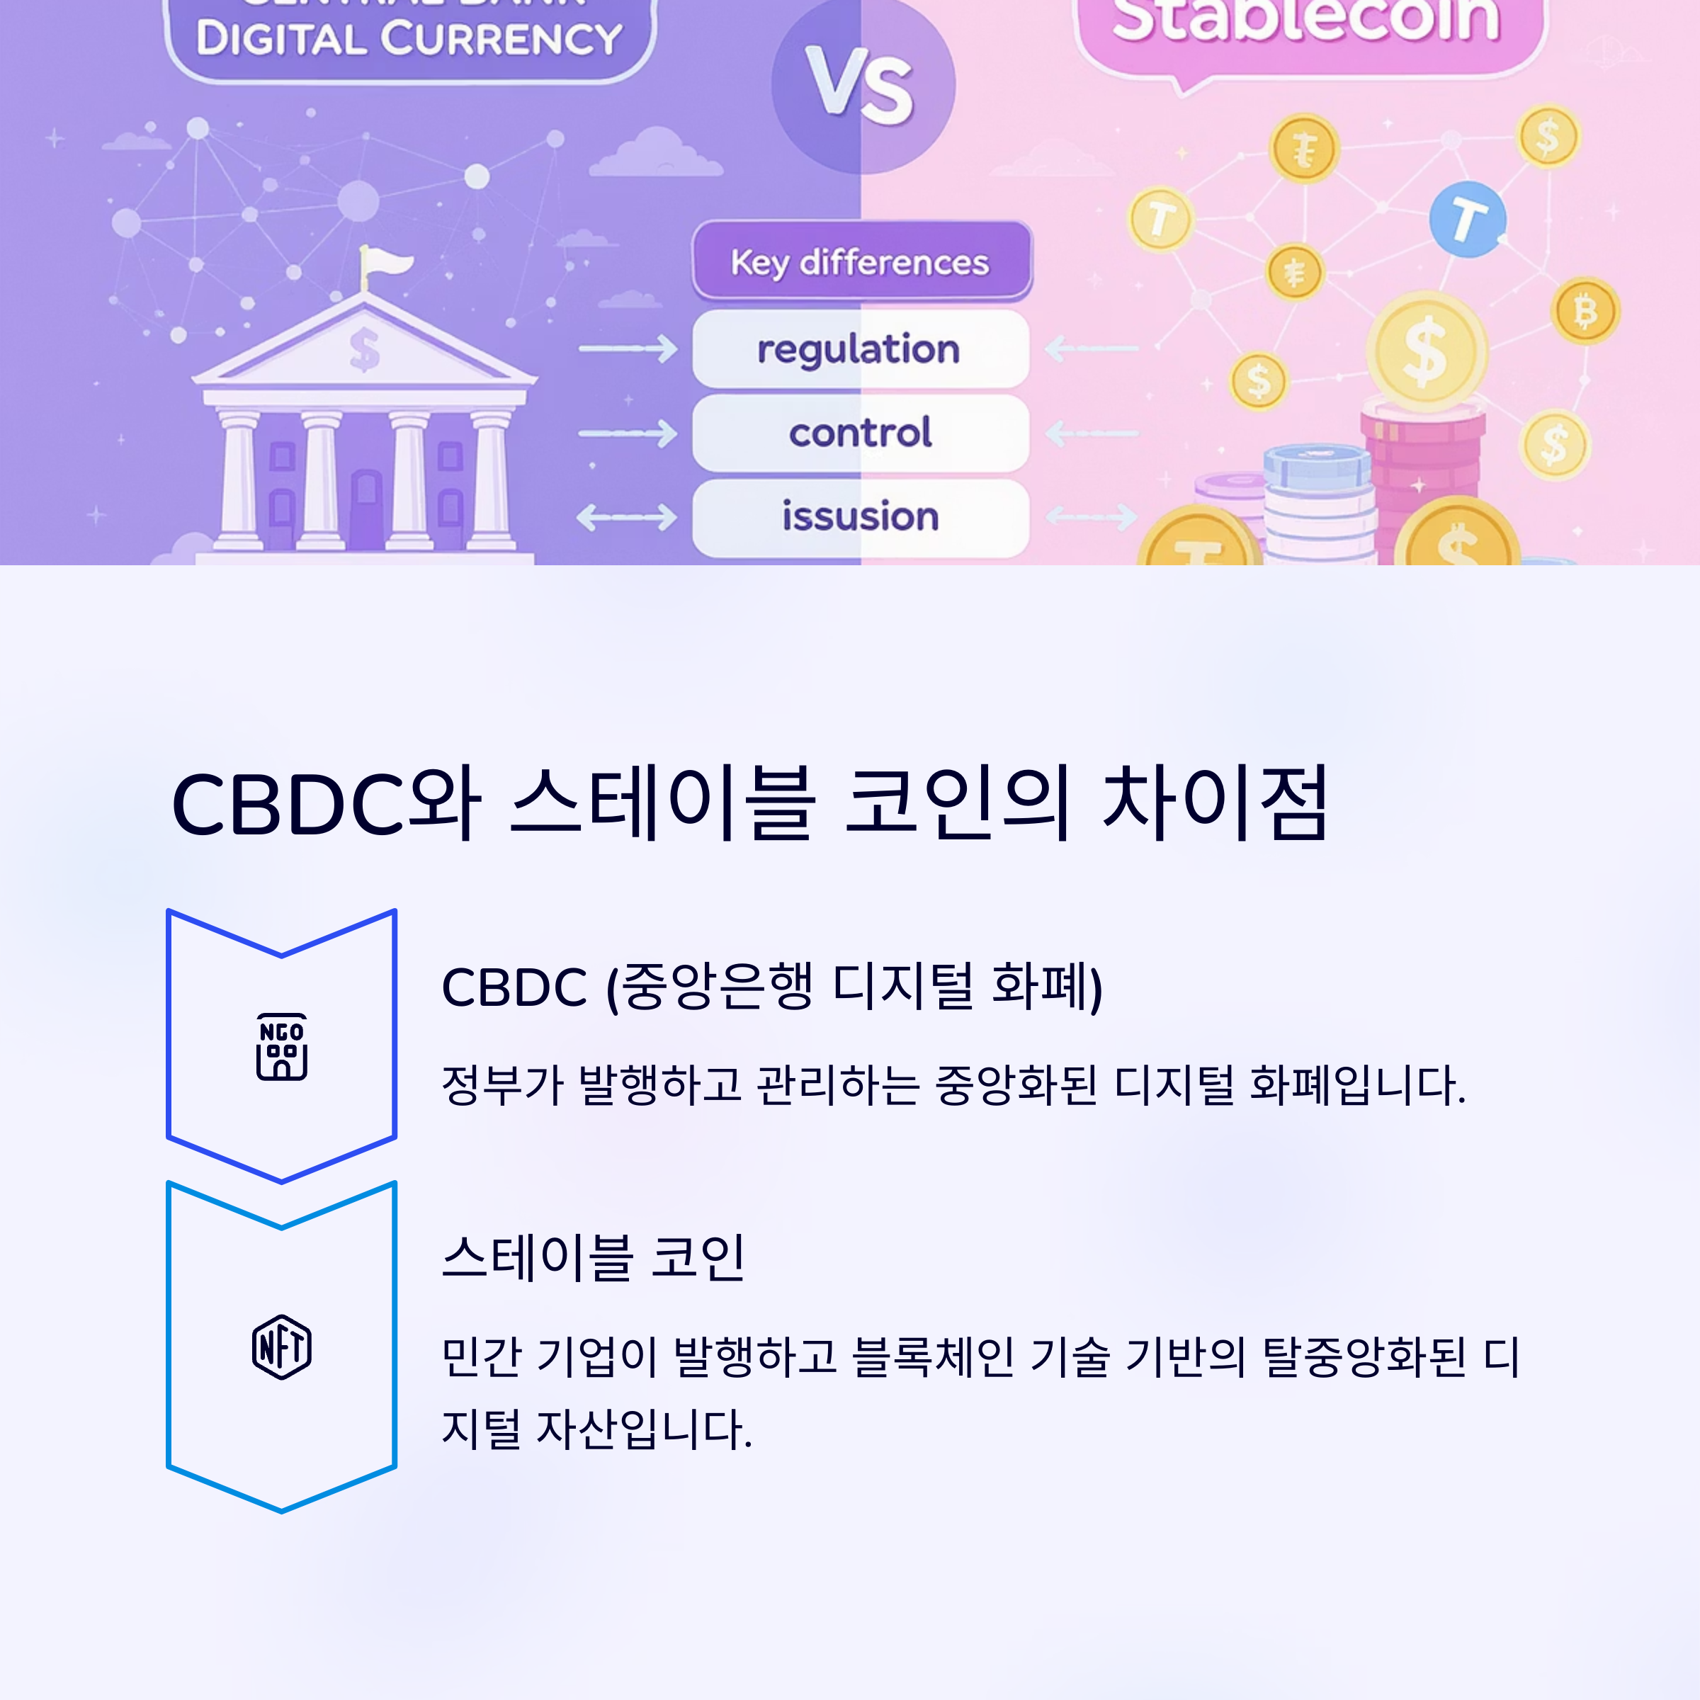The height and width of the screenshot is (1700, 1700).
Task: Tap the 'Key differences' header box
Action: (861, 261)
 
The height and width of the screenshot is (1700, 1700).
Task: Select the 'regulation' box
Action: (860, 349)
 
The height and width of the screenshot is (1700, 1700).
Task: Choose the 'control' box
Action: (860, 433)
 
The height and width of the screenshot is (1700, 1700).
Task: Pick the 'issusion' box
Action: (860, 516)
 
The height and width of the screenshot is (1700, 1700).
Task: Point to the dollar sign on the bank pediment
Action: (364, 348)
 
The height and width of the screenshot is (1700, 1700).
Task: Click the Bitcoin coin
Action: (1585, 311)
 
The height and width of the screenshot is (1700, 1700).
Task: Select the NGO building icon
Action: (282, 1047)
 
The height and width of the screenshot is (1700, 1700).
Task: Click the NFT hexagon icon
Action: (282, 1347)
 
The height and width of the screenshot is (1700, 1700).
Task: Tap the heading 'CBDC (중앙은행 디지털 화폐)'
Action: (771, 987)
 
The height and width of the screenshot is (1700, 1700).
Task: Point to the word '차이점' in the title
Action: (1214, 803)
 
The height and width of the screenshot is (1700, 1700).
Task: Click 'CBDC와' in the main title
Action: (326, 803)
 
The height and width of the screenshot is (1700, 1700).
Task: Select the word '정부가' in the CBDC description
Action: (501, 1085)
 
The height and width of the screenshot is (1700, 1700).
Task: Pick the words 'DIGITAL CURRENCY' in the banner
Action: (409, 39)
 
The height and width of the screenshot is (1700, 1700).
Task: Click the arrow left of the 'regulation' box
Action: (626, 349)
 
